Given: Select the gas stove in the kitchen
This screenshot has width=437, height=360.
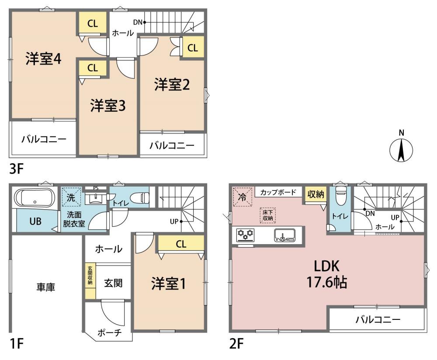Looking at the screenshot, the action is tap(245, 235).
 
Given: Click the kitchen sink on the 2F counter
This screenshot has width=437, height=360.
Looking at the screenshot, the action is tap(284, 235).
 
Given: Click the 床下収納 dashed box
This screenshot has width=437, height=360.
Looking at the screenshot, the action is tap(267, 215).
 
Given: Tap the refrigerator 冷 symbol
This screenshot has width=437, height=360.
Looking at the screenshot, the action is tap(242, 197).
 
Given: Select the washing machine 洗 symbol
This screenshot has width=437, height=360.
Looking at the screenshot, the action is tap(71, 197).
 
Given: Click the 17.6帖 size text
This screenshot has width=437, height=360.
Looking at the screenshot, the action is tap(326, 282).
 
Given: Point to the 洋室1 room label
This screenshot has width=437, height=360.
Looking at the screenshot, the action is tap(168, 284).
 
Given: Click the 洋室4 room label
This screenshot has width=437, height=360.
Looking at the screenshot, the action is tap(43, 59).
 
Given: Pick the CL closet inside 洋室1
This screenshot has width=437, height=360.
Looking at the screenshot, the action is tap(181, 244).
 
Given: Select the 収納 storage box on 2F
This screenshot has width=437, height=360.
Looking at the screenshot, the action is tap(316, 194).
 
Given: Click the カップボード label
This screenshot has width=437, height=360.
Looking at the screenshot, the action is tap(278, 192).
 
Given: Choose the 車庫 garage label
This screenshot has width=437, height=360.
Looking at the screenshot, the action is tap(46, 287).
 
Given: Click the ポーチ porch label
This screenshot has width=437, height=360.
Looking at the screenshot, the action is tap(110, 332).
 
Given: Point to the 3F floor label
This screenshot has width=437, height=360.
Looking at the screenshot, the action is tap(16, 169).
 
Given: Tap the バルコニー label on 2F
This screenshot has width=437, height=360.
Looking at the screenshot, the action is tap(378, 319).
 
